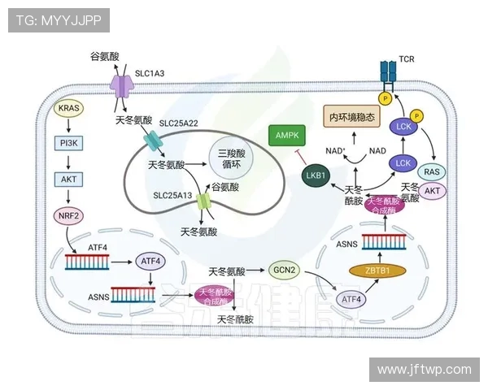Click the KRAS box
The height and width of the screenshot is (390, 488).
click(68, 107)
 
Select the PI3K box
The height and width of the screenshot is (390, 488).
click(68, 143)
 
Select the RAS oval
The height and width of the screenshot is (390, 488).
click(433, 171)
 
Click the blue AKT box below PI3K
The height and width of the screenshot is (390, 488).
click(68, 179)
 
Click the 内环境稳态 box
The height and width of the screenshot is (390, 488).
click(352, 117)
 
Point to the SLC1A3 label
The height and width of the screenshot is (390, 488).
click(149, 73)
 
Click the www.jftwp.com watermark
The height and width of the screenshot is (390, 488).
click(424, 369)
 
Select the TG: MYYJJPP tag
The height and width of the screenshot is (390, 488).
click(59, 20)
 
